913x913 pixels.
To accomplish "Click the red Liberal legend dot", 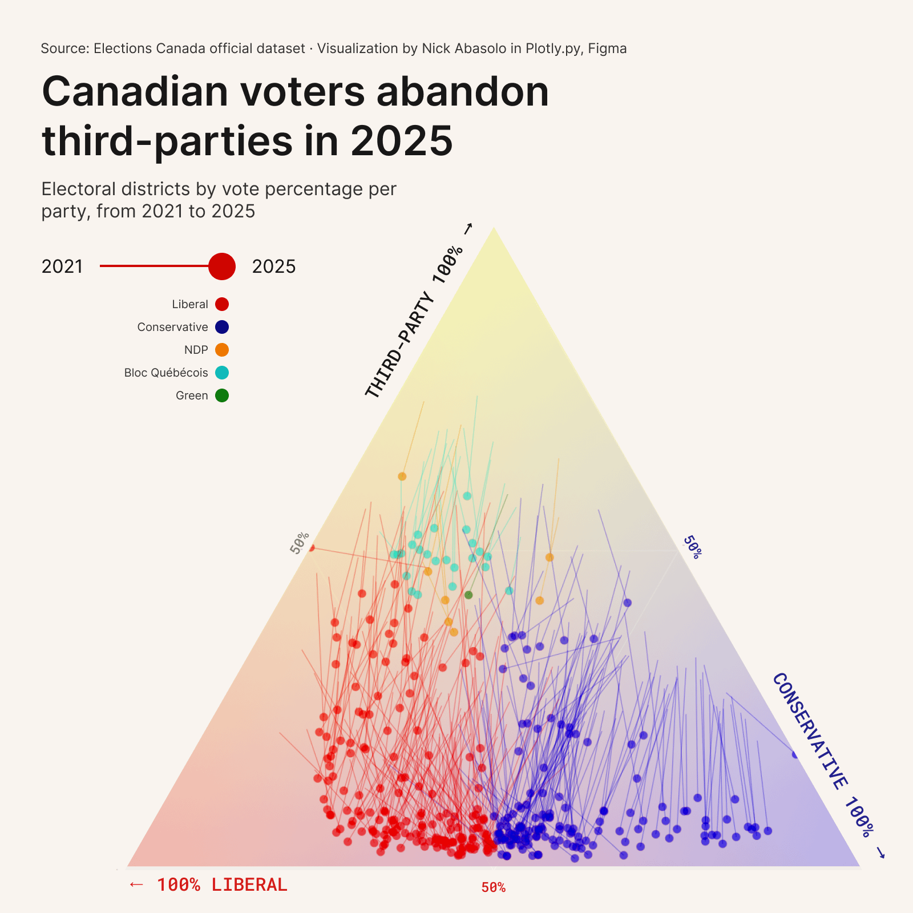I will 222,304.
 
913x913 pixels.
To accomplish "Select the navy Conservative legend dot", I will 222,327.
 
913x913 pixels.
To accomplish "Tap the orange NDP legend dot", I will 222,350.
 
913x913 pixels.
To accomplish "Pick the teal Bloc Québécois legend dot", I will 222,373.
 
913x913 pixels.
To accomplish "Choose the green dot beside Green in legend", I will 222,395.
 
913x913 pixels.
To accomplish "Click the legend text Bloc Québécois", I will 166,373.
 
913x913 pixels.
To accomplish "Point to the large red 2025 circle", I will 222,266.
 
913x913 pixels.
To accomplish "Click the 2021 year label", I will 62,266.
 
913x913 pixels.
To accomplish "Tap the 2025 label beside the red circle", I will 274,266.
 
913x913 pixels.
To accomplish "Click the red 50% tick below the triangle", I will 493,887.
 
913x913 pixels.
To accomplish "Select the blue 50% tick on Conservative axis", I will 692,547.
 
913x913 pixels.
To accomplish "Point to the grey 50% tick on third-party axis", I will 300,542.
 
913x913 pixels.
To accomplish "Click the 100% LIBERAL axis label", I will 222,885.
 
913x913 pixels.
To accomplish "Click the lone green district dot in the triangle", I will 468,595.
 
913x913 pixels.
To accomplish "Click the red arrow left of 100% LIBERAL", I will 136,884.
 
